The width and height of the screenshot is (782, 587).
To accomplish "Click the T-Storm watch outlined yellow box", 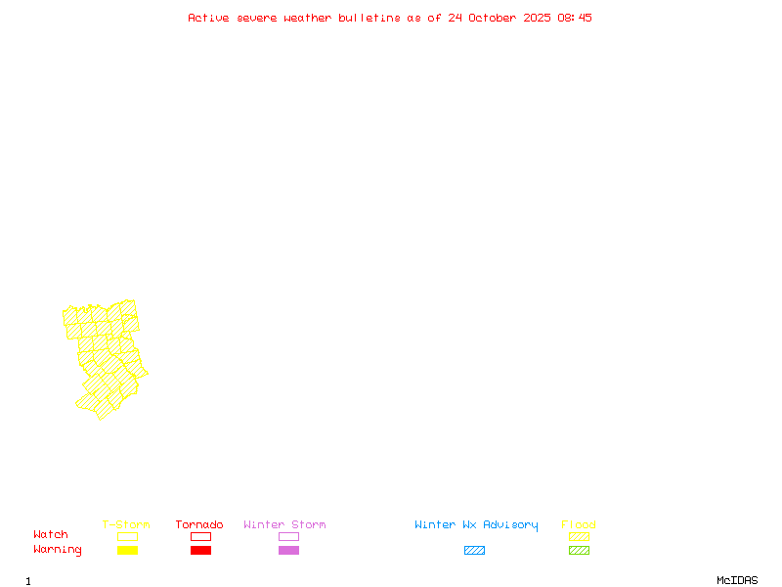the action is (127, 536).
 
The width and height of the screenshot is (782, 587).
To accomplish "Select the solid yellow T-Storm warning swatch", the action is (127, 550).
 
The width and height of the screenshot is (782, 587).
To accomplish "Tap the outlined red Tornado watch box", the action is (200, 536).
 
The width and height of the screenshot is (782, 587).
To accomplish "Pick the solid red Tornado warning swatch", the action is (200, 550).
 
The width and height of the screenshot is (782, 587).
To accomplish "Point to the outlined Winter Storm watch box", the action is (288, 536).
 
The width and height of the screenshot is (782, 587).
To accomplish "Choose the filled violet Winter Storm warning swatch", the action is (288, 550).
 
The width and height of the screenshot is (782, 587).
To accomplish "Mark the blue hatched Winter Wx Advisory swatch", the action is (474, 550).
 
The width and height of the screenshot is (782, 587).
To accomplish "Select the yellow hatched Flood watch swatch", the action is (579, 536).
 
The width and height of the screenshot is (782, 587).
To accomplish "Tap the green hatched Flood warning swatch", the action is (579, 550).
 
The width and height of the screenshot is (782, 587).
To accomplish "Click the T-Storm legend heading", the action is (126, 524).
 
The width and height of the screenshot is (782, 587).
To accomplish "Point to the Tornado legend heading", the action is (199, 524).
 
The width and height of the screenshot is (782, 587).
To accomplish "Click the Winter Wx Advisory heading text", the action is (476, 524).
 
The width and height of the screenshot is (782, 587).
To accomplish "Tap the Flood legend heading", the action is (579, 524).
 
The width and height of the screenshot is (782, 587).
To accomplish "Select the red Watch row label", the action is (51, 535).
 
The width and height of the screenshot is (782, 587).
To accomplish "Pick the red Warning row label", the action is (58, 550).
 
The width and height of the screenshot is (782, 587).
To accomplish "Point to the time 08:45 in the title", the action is (575, 18).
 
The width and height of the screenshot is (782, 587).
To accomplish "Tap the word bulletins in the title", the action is (369, 18).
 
